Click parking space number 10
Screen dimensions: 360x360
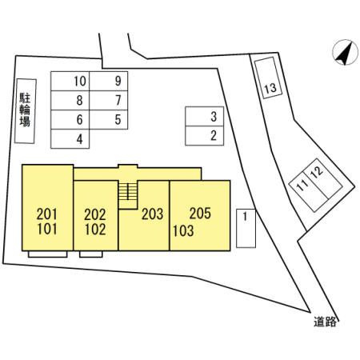point(70,81)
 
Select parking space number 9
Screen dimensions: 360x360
point(109,81)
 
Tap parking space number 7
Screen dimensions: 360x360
point(109,100)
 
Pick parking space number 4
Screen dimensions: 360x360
point(70,138)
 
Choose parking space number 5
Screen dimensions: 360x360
point(109,119)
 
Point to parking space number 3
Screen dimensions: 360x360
point(205,116)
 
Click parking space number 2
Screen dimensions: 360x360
point(205,136)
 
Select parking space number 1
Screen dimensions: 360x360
point(246,228)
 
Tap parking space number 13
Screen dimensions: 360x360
point(268,78)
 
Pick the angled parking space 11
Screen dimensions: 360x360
point(308,190)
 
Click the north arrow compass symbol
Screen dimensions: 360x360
point(346,52)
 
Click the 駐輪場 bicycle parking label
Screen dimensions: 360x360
point(25,110)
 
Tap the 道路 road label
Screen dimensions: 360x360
point(325,322)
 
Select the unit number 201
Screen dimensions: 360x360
point(47,214)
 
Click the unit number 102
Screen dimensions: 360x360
point(95,230)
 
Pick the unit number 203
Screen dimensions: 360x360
point(152,214)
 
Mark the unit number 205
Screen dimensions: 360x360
point(200,214)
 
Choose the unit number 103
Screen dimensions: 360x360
point(183,231)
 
